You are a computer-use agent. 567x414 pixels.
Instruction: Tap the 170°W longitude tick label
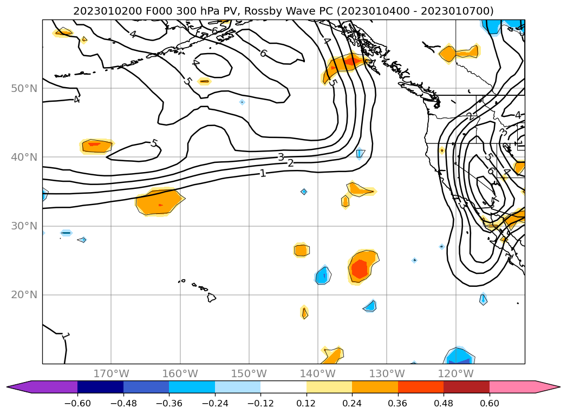pos(111,373)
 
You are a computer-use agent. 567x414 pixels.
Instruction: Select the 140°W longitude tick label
pos(318,373)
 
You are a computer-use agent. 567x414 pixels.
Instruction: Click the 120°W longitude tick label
pos(455,373)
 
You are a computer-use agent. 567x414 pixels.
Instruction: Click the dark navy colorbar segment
pos(100,387)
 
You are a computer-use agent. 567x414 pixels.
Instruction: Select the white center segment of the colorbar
pos(283,387)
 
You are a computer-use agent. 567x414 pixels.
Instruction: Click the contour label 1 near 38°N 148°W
pos(263,173)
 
